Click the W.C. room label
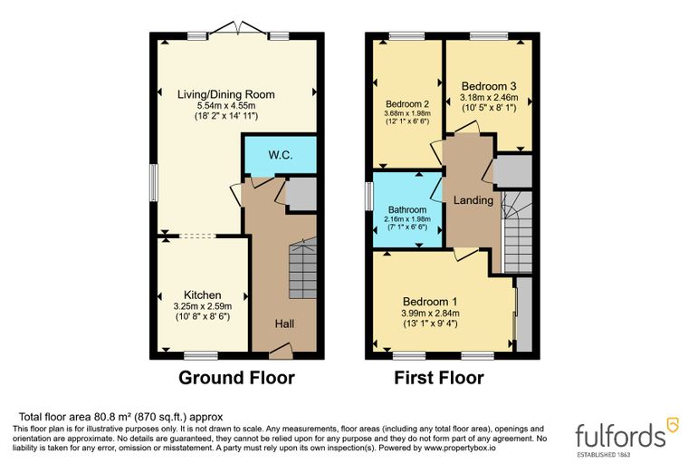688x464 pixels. click(x=280, y=155)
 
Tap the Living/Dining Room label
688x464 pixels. click(x=226, y=94)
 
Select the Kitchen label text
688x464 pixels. click(x=202, y=295)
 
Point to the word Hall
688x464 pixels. click(x=284, y=324)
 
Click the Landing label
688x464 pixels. click(x=473, y=200)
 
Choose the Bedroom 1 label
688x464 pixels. click(x=430, y=302)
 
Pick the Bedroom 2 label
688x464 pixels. click(x=407, y=104)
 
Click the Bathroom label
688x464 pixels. click(x=407, y=210)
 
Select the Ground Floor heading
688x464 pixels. click(x=236, y=378)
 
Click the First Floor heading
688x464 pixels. click(x=439, y=378)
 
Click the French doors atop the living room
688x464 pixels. click(x=237, y=29)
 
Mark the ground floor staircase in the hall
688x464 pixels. click(x=302, y=269)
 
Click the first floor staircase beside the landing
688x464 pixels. click(x=517, y=232)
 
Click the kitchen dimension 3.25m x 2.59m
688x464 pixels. click(x=202, y=306)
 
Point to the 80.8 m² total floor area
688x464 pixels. click(x=110, y=417)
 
